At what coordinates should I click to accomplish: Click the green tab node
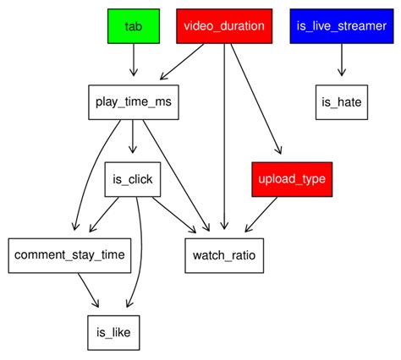point(134,26)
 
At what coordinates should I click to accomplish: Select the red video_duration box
point(224,26)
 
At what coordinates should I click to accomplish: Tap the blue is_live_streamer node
point(341,26)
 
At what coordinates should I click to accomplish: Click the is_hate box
point(341,102)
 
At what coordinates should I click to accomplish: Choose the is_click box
point(134,179)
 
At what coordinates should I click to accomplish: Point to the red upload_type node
point(289,179)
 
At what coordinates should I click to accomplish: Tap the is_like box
point(112,331)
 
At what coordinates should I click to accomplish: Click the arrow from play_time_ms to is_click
point(134,140)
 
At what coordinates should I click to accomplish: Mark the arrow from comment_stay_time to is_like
point(90,293)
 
